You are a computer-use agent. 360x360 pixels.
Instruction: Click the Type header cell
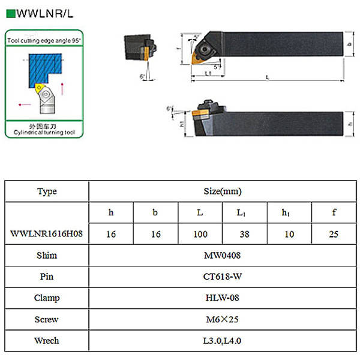47,191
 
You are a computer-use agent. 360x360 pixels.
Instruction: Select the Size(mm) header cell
223,191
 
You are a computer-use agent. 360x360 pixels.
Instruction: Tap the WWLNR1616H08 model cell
47,234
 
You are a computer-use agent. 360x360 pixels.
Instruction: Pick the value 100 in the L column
200,234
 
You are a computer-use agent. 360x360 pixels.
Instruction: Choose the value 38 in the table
244,234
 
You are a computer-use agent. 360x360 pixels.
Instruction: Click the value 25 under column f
334,234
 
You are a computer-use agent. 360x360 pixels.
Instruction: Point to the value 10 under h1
289,234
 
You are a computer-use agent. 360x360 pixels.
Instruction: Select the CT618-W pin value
223,277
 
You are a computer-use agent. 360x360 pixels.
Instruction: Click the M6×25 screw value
223,319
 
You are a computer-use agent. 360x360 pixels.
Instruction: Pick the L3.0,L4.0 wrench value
223,341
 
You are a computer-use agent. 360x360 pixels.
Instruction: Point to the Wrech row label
47,341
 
